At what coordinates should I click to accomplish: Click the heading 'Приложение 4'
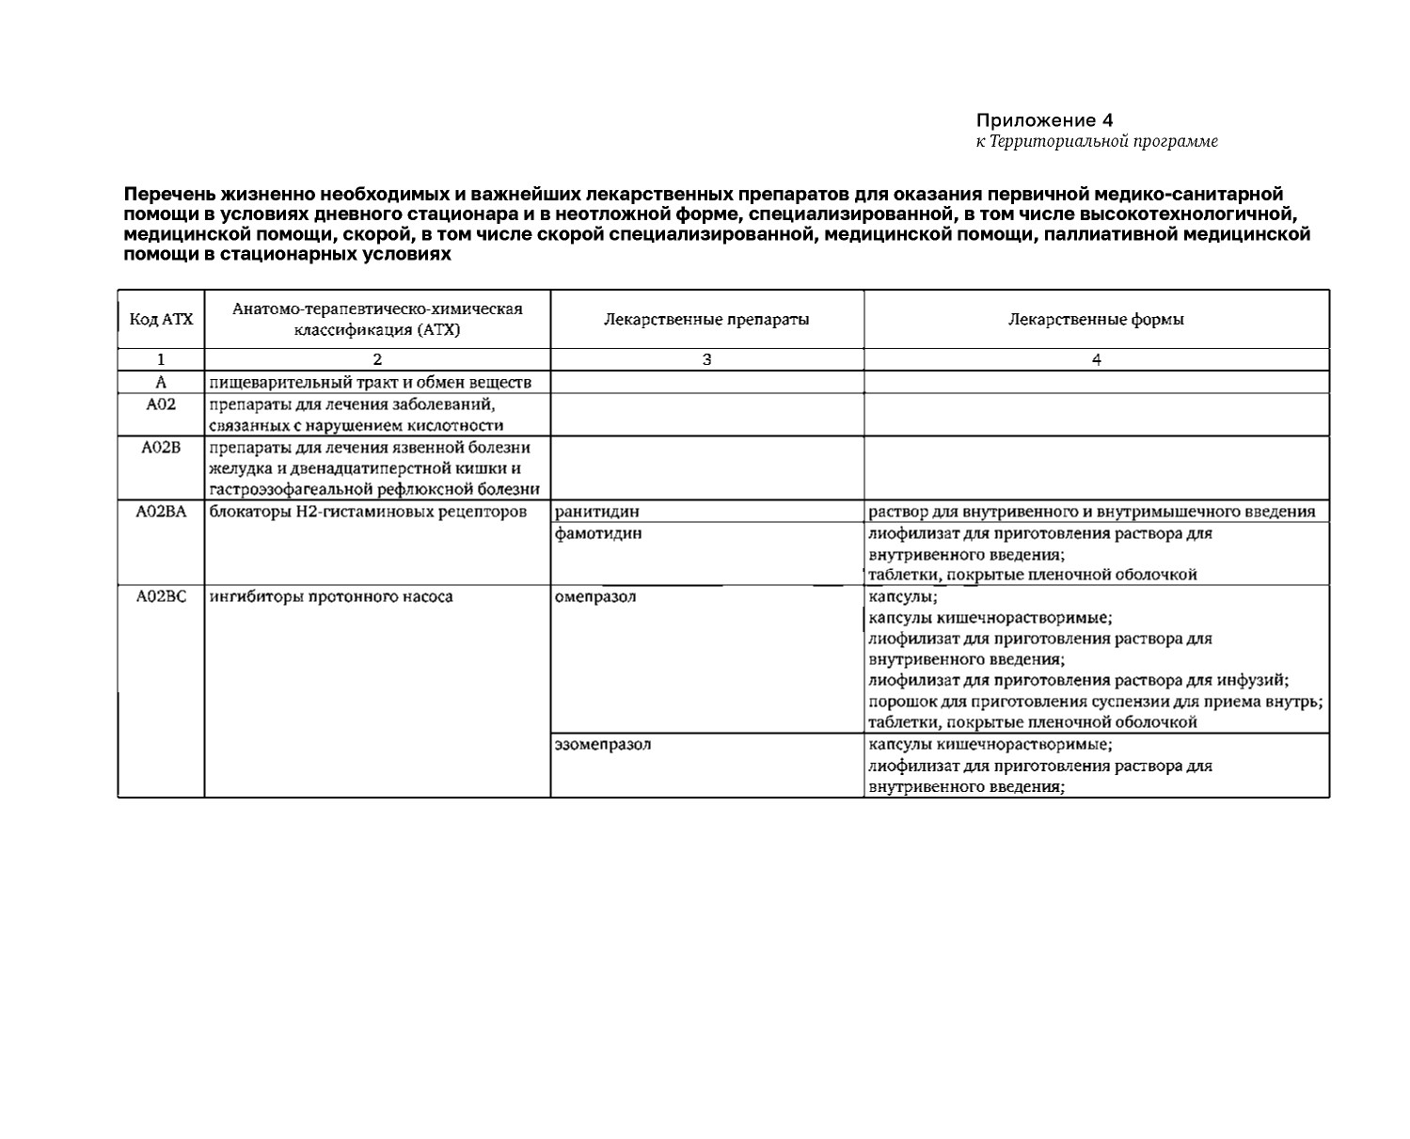pyautogui.click(x=1044, y=120)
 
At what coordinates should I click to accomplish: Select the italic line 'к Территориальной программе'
pyautogui.click(x=1096, y=142)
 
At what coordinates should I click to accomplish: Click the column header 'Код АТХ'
pyautogui.click(x=161, y=320)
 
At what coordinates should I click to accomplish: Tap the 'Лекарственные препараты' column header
pyautogui.click(x=706, y=320)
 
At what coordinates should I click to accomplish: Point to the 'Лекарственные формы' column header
pyautogui.click(x=1096, y=320)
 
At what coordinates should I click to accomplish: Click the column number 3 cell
pyautogui.click(x=706, y=359)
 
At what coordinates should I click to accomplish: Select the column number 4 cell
pyautogui.click(x=1096, y=359)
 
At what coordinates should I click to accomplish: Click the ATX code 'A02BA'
pyautogui.click(x=161, y=512)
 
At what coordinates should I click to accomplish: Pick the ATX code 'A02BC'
pyautogui.click(x=161, y=596)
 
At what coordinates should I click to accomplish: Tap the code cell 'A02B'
pyautogui.click(x=161, y=448)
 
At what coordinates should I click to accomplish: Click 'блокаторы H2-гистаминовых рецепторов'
pyautogui.click(x=368, y=512)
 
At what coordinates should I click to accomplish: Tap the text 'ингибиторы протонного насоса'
pyautogui.click(x=331, y=596)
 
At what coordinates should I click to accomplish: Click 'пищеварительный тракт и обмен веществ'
pyautogui.click(x=370, y=383)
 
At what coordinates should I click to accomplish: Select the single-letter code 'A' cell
pyautogui.click(x=161, y=383)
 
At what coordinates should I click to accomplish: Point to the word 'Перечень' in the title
pyautogui.click(x=169, y=195)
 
